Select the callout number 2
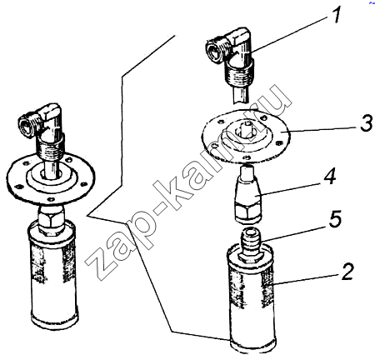tap(346, 272)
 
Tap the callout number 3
tap(367, 123)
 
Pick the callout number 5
tap(334, 217)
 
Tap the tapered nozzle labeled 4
tap(247, 194)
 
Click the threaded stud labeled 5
tap(250, 244)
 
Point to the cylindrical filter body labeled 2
tap(252, 299)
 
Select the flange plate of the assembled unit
tap(50, 177)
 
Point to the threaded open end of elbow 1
tap(216, 51)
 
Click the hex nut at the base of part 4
tap(247, 212)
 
